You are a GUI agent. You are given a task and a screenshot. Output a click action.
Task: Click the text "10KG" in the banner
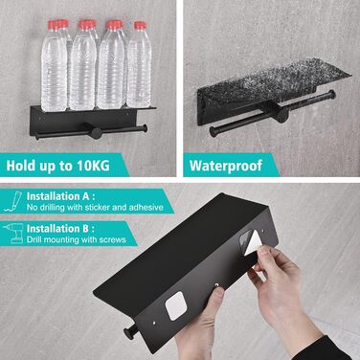coord(93,166)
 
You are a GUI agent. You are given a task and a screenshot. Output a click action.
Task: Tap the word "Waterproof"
coord(226,166)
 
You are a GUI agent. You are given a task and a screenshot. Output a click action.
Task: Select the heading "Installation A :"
coord(60,196)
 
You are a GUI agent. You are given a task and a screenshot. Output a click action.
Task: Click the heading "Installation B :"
coord(60,229)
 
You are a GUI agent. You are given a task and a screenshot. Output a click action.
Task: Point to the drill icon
coord(13,233)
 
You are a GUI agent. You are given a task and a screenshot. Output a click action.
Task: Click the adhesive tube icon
coord(13,201)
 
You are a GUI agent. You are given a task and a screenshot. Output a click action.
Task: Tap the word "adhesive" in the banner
coord(146,208)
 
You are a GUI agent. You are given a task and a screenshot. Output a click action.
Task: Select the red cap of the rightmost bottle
coord(140,25)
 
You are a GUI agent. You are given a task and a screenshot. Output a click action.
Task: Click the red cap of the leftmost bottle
coord(54,25)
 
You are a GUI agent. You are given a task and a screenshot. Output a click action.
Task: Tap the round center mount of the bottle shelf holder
coord(94,131)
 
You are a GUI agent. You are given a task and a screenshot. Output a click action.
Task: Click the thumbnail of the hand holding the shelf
coord(218,293)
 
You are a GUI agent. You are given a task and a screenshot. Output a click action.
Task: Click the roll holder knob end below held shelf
coord(129,334)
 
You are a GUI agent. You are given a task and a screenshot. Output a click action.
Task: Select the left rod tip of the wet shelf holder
coord(213,131)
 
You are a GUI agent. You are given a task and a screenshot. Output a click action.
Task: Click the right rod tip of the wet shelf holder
coord(332,94)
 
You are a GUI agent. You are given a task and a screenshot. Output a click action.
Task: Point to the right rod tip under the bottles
coord(145,128)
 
